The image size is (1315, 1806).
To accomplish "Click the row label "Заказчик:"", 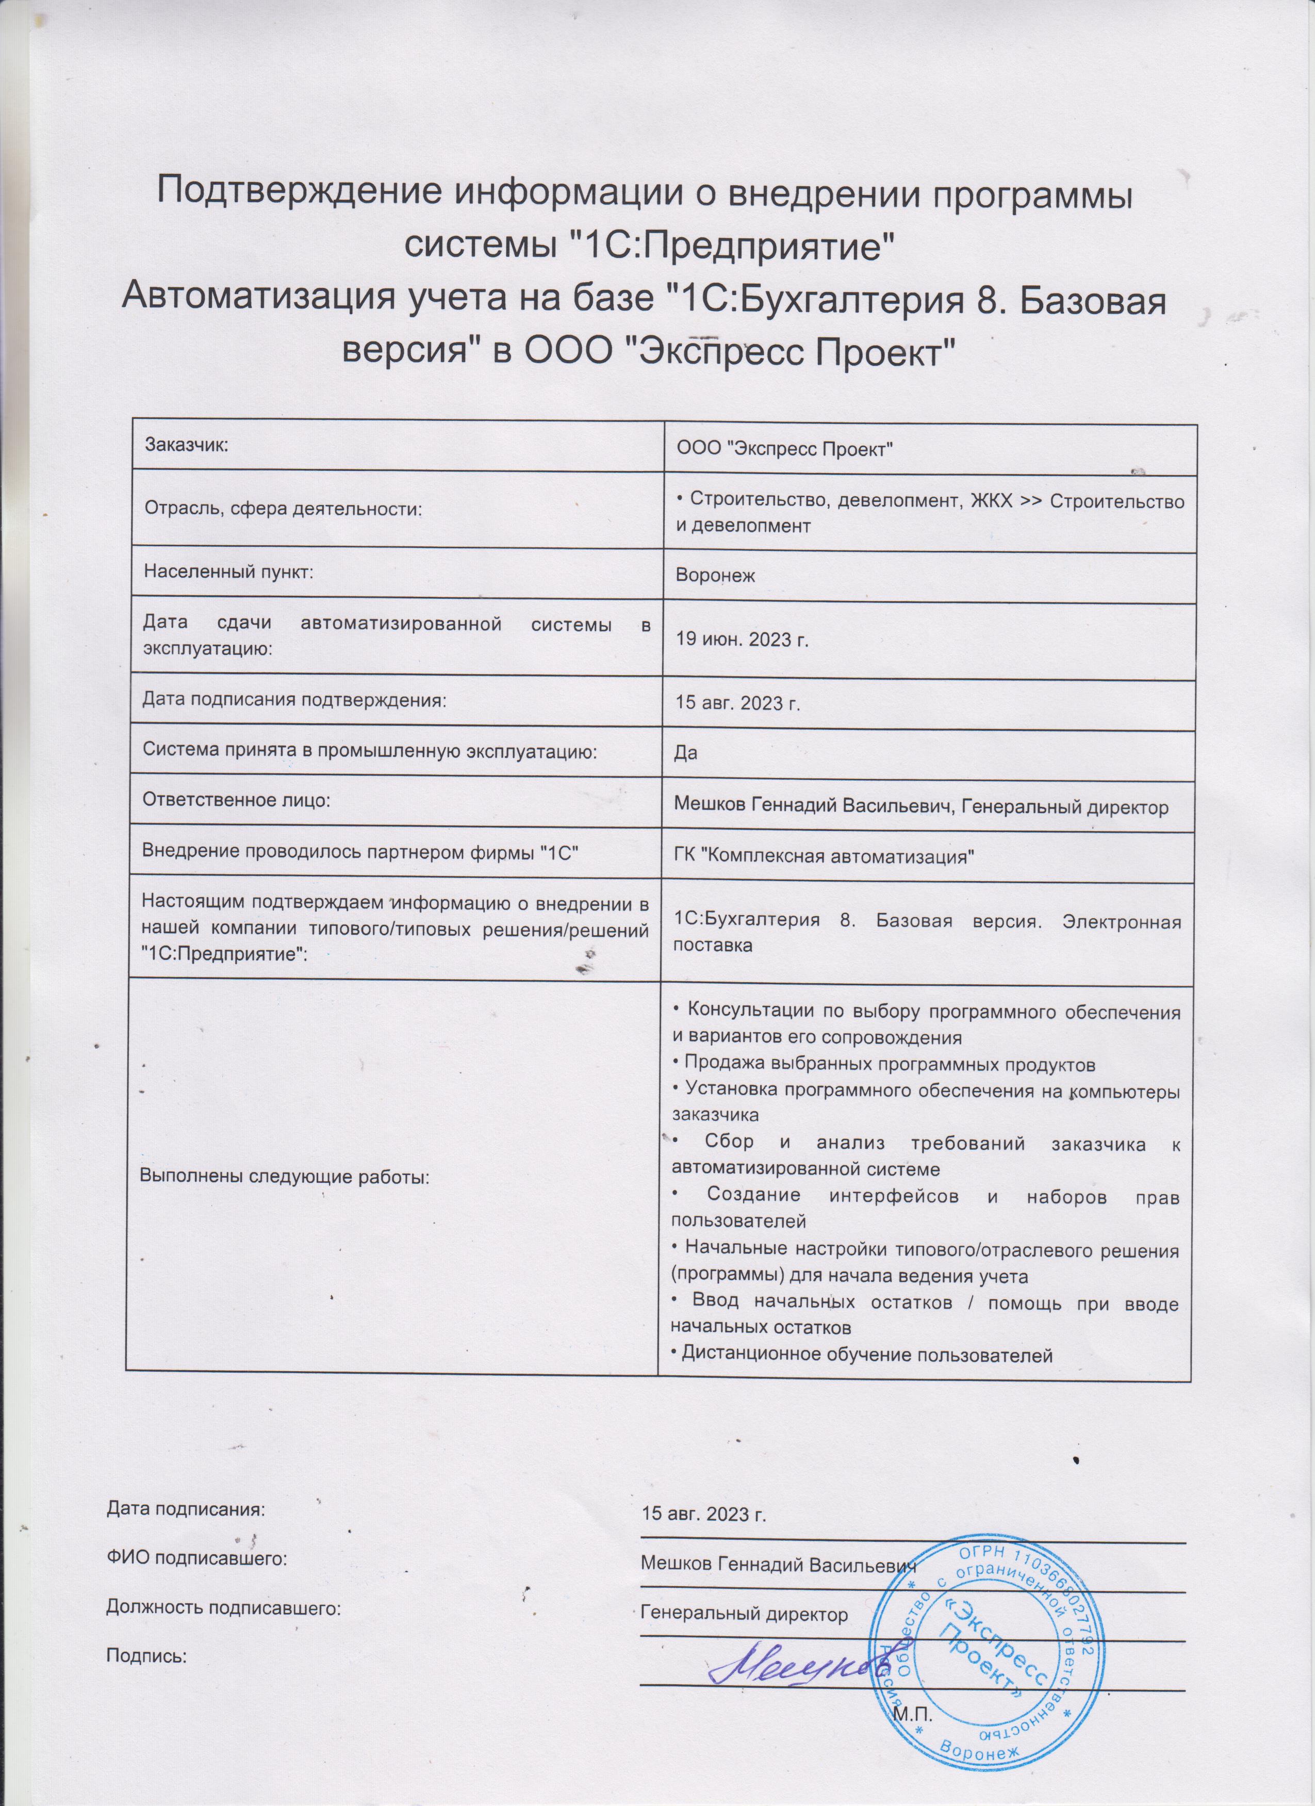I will pos(186,444).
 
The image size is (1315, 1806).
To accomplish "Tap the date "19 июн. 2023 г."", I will pos(742,640).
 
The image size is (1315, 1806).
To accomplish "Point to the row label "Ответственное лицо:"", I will pos(236,800).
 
